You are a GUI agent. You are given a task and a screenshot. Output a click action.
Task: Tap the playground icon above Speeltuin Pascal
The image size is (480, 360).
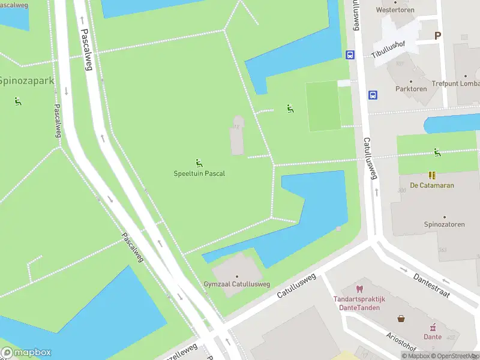pos(199,163)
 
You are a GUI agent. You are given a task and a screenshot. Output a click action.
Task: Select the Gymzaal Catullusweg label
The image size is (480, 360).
pos(236,284)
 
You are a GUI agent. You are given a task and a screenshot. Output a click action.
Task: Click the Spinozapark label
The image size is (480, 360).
pos(26,80)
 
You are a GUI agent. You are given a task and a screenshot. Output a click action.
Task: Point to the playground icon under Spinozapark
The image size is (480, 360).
pos(17,101)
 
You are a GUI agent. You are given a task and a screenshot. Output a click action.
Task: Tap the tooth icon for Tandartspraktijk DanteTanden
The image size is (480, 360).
pos(359,289)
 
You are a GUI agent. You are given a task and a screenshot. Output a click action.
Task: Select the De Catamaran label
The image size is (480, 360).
pos(432,185)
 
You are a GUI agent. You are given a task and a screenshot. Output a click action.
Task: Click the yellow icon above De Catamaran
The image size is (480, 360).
pos(432,175)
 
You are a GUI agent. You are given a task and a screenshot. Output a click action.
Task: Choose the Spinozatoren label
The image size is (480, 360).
pos(445,224)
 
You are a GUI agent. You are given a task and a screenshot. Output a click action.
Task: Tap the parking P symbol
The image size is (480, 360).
pos(437,35)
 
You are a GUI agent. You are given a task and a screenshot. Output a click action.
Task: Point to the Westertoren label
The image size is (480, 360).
pos(395,10)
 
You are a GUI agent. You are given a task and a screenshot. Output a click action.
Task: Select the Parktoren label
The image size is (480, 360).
pos(411,89)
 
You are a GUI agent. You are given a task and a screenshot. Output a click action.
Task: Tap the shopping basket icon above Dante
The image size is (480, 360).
pos(401,318)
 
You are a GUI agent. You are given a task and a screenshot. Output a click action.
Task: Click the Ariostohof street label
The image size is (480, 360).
pos(400,340)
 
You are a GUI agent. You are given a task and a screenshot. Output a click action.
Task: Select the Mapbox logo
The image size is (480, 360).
pos(26,352)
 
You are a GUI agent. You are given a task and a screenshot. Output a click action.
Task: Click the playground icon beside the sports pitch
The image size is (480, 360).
pos(290,109)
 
